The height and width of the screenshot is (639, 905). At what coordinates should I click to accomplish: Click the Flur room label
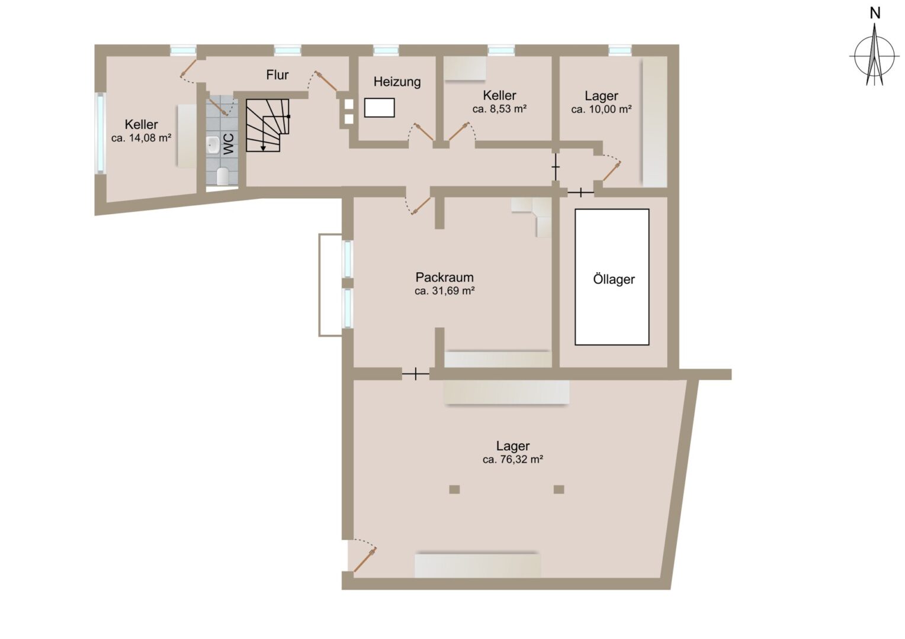click(277, 75)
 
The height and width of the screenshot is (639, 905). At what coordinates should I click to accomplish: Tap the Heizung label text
click(397, 82)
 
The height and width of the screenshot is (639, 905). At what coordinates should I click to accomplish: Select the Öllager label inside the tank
click(614, 279)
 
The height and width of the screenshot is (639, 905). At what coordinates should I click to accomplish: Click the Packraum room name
click(444, 277)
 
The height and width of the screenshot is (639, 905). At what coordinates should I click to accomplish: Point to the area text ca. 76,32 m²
click(513, 459)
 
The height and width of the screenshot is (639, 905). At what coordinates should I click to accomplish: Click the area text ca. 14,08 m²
click(141, 138)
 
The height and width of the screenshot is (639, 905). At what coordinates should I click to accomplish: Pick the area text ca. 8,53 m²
click(499, 109)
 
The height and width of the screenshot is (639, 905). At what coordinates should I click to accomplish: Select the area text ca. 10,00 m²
click(601, 109)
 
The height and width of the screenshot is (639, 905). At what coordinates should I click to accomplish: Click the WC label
click(229, 144)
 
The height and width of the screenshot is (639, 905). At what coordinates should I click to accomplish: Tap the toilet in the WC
click(223, 176)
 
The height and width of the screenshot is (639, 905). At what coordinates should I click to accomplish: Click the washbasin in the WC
click(213, 144)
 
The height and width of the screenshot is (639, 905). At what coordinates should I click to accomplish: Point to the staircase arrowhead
click(263, 148)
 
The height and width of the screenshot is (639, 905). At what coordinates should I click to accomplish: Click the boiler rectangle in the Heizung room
click(380, 108)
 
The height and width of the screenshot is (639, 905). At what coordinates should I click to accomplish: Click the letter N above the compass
click(875, 14)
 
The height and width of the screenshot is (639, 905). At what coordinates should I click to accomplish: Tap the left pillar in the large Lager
click(454, 490)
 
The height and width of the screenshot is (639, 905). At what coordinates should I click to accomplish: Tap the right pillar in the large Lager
click(559, 490)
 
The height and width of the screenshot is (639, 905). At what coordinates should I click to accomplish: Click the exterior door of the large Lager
click(364, 560)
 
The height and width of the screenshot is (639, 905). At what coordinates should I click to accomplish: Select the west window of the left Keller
click(100, 134)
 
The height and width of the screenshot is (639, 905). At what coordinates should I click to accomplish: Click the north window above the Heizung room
click(386, 50)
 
